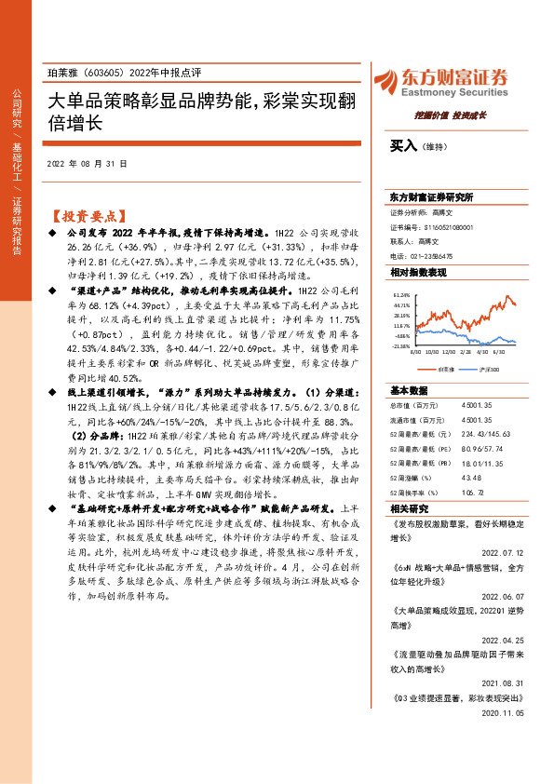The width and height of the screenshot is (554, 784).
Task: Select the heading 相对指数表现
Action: (419, 273)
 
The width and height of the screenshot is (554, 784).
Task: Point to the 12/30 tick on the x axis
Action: (451, 353)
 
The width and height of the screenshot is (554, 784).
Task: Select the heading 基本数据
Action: (409, 390)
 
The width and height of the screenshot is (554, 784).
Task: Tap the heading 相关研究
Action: (409, 508)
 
